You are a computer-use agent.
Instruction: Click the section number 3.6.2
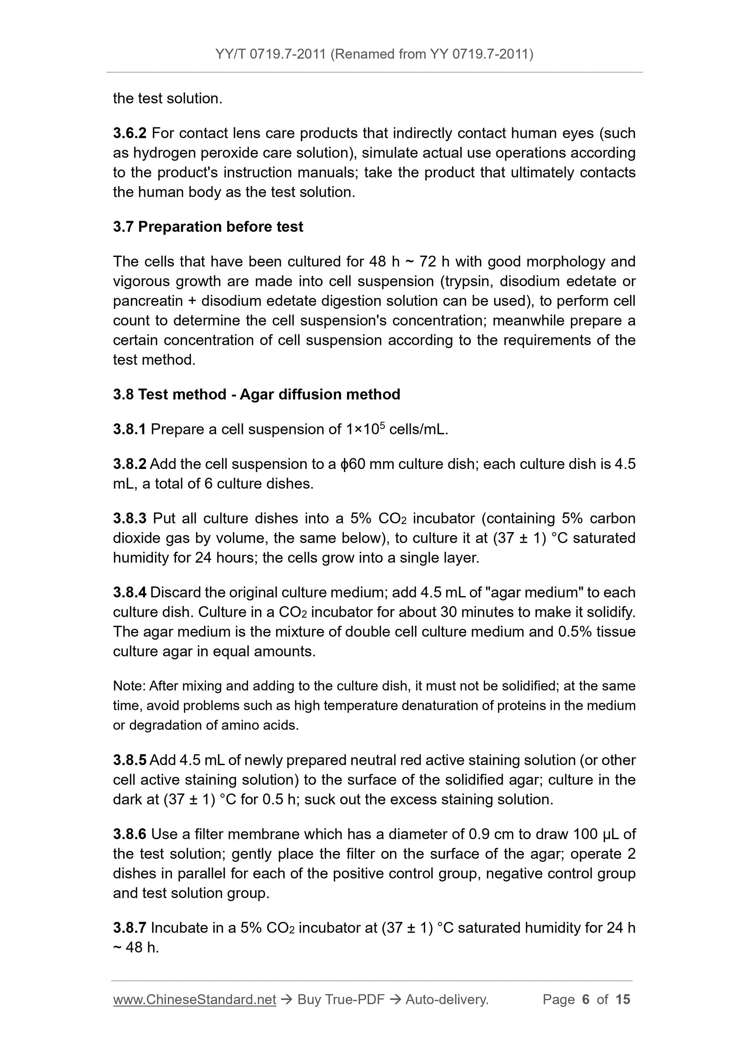tap(129, 134)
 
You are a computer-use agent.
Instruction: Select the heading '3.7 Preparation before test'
tap(208, 227)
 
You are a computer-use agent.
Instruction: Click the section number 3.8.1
tap(129, 429)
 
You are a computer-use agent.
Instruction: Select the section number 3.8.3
tap(129, 519)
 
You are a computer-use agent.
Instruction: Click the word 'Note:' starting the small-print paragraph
tap(129, 686)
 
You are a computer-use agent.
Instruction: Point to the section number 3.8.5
tap(129, 760)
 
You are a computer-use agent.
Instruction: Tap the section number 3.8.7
tap(129, 928)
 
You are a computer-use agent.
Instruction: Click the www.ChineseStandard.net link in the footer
tap(194, 1000)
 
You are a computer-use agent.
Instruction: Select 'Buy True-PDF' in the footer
tap(341, 1000)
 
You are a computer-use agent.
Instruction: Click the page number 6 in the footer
tap(586, 1000)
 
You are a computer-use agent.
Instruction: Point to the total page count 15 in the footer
tap(622, 1000)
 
